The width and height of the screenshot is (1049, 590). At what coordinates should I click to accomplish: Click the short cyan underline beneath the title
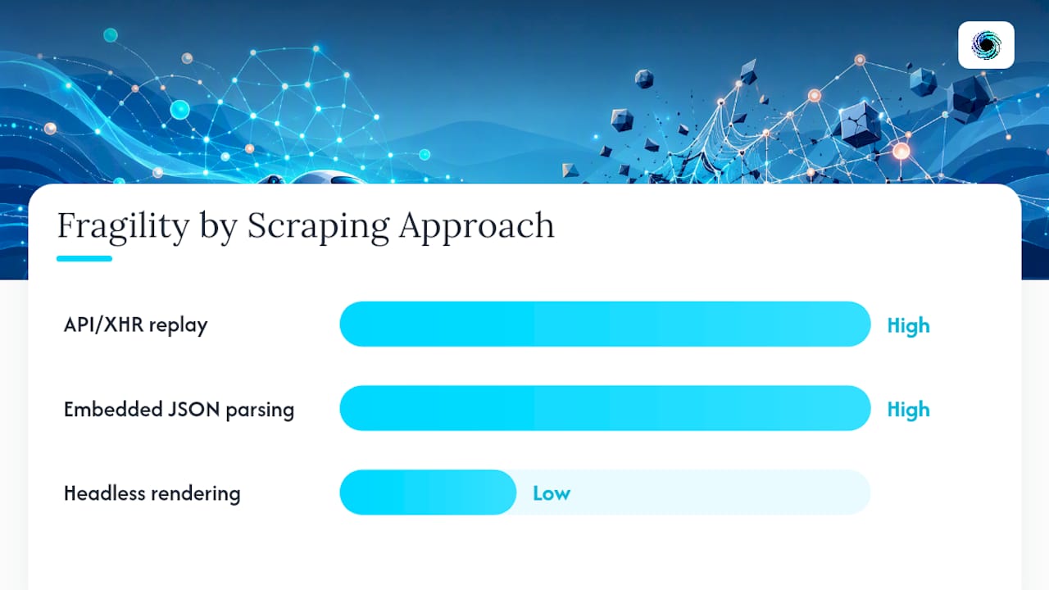pyautogui.click(x=84, y=258)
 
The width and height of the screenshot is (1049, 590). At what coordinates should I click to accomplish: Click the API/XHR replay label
pyautogui.click(x=135, y=325)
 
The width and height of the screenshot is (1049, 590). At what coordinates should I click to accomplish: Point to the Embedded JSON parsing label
pyautogui.click(x=179, y=410)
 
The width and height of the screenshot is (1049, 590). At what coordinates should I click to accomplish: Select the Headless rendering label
pyautogui.click(x=152, y=493)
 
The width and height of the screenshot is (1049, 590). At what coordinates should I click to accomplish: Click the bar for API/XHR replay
pyautogui.click(x=605, y=324)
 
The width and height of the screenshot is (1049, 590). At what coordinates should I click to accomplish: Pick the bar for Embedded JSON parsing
pyautogui.click(x=605, y=408)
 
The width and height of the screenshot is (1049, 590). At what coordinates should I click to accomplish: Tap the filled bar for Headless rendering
pyautogui.click(x=428, y=492)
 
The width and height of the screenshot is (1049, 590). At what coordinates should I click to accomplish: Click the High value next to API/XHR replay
pyautogui.click(x=909, y=326)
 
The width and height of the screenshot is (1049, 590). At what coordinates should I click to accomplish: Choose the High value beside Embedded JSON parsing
pyautogui.click(x=909, y=410)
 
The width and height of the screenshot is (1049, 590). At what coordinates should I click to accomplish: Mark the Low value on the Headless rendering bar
pyautogui.click(x=552, y=493)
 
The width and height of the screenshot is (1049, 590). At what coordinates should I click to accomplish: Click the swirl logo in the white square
pyautogui.click(x=986, y=45)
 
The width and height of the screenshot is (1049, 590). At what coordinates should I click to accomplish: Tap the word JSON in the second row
pyautogui.click(x=193, y=410)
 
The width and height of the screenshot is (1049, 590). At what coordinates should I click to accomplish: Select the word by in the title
pyautogui.click(x=218, y=228)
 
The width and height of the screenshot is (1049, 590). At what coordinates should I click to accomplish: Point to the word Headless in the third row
pyautogui.click(x=104, y=493)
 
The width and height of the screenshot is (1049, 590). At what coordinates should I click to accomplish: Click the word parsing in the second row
pyautogui.click(x=260, y=411)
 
